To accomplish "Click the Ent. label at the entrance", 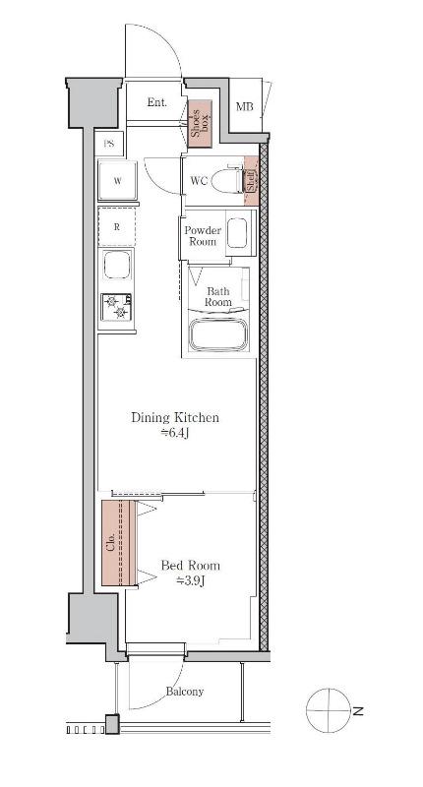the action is (156, 102).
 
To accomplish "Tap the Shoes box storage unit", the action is (200, 124).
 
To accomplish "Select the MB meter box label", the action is (244, 106).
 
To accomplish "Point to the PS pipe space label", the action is (109, 144).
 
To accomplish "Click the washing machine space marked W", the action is (117, 181).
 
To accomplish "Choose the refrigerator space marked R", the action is (117, 226).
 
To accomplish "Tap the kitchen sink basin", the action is (117, 264).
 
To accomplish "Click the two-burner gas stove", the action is (116, 307).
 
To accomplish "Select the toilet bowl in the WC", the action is (227, 181).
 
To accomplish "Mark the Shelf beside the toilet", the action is (251, 181).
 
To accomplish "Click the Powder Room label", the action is (203, 236).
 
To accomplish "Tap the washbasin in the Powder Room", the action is (237, 233).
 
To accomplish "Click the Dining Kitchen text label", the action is (175, 417).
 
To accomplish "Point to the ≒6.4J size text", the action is (175, 433).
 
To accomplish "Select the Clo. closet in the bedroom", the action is (119, 543).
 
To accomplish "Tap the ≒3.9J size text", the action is (190, 580).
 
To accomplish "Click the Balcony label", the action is (185, 692).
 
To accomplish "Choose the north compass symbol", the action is (329, 710).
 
